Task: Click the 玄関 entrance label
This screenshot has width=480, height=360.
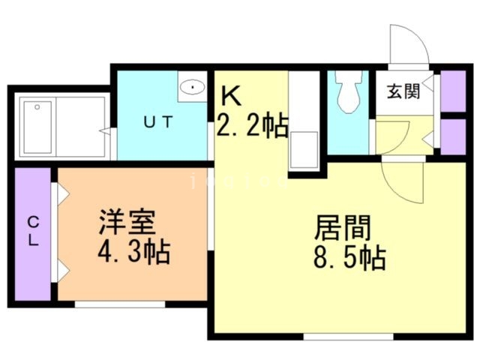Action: [402, 91]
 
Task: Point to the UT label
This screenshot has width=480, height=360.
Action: [160, 122]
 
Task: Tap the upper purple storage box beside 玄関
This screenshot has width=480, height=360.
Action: [452, 89]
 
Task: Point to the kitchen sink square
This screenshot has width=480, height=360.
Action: [305, 151]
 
